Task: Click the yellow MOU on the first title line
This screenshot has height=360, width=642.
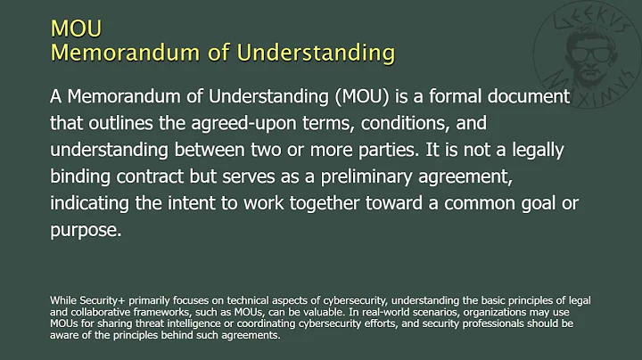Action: [75, 29]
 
